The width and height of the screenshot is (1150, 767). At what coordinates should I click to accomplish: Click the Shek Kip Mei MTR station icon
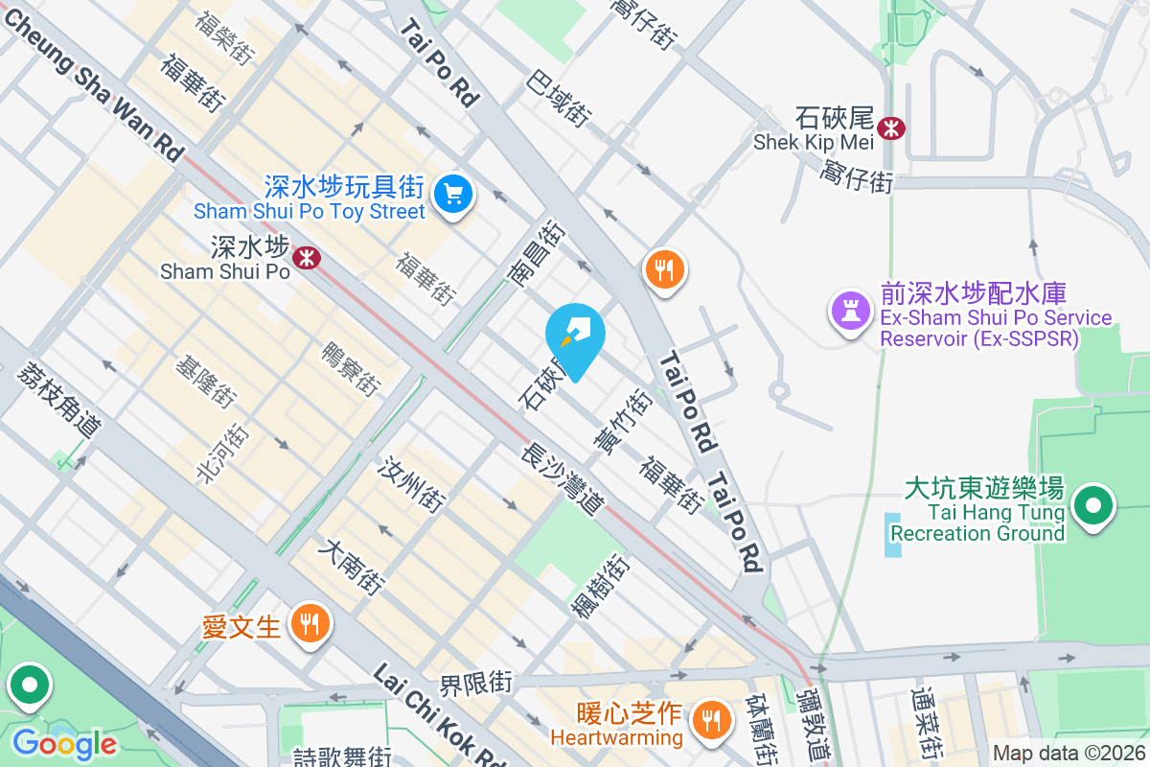coord(892,128)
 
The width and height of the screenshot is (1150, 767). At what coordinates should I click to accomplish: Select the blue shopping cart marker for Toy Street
coord(452,196)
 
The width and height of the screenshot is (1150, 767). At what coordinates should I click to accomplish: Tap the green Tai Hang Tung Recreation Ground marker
coord(1093,504)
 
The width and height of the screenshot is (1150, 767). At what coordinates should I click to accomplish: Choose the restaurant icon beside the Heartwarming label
coord(710,717)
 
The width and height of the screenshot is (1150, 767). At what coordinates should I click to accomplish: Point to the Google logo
coord(63,744)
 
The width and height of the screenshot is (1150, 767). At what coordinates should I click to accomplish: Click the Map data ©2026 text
coord(1068,754)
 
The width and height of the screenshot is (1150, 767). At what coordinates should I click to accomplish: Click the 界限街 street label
coord(476,684)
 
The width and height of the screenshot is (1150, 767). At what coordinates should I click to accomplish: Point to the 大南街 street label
coord(355,567)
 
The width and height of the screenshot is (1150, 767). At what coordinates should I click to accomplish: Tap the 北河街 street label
coord(217,453)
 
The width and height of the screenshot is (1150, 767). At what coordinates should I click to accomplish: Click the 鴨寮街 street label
coord(351,367)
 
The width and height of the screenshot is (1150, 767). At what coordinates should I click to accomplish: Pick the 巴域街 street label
coord(558,97)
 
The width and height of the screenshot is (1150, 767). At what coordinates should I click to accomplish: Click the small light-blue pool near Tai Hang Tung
coord(893,535)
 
